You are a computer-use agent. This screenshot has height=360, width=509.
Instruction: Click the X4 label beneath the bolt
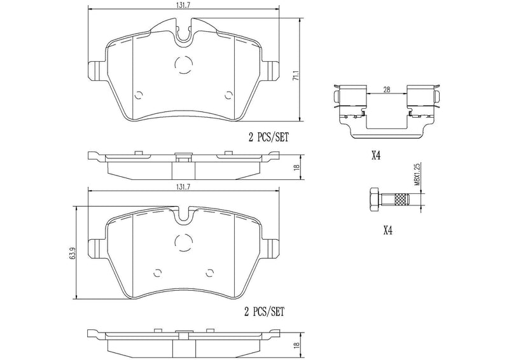[x=386, y=231]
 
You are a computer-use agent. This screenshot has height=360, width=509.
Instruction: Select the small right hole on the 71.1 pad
[x=228, y=94]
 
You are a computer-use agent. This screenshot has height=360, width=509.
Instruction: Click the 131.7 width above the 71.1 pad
[x=183, y=6]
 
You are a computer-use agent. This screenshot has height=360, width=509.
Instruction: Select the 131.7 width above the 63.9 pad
[x=183, y=186]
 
